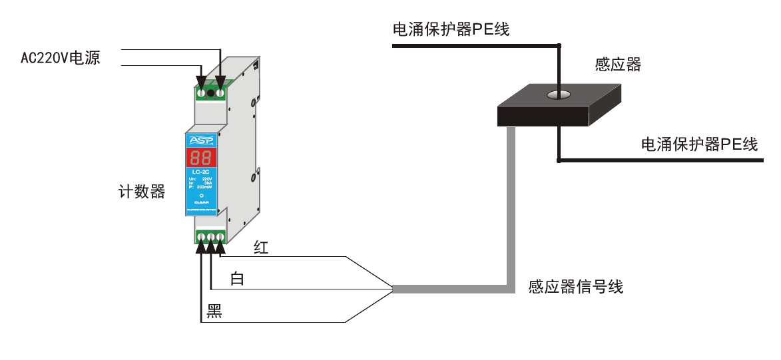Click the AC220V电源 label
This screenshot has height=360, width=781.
pos(60,58)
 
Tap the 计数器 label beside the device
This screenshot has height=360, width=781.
pos(141,192)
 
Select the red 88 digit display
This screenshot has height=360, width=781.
pos(201,158)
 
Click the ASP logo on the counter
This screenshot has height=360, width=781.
pos(201,140)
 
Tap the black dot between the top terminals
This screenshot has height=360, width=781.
pos(211,92)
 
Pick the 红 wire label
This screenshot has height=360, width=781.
pos(261,248)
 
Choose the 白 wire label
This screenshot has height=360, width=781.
pos(237,279)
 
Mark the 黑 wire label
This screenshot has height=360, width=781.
pos(214,311)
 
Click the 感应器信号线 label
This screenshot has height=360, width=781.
pos(576,287)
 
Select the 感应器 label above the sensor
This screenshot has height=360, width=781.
pos(617,65)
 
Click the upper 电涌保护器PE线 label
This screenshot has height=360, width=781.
pos(451,29)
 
